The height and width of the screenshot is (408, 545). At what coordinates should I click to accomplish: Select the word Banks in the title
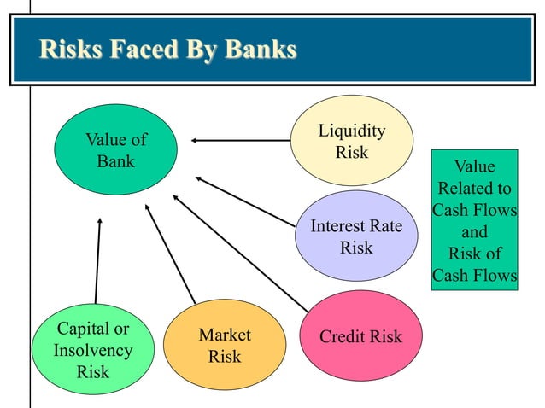pyautogui.click(x=260, y=50)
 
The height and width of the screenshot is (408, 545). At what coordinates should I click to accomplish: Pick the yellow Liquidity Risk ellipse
pyautogui.click(x=351, y=142)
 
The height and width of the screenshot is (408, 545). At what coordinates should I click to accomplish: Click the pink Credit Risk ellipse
pyautogui.click(x=361, y=335)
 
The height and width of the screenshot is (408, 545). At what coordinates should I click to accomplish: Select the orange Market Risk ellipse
pyautogui.click(x=225, y=344)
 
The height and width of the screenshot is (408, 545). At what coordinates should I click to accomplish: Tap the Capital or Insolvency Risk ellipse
pyautogui.click(x=93, y=350)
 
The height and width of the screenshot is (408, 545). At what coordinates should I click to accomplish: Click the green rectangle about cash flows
pyautogui.click(x=474, y=220)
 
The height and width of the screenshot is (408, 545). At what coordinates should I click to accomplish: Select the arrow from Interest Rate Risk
pyautogui.click(x=248, y=201)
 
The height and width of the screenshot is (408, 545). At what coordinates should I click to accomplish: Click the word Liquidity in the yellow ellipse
pyautogui.click(x=351, y=131)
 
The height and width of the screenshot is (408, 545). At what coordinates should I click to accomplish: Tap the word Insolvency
pyautogui.click(x=93, y=350)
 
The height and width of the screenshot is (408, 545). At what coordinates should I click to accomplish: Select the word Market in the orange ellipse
pyautogui.click(x=225, y=334)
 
